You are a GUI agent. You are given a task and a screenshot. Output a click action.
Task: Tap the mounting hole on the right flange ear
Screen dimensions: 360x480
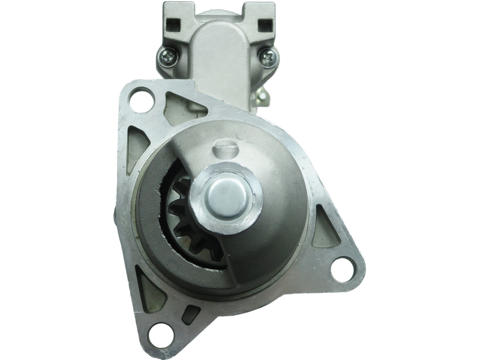[x=343, y=266]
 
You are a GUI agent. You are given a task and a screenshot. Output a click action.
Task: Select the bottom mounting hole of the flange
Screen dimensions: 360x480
[x=161, y=331]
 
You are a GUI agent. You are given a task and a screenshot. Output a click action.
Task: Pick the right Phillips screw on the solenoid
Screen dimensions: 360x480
[x=268, y=58]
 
